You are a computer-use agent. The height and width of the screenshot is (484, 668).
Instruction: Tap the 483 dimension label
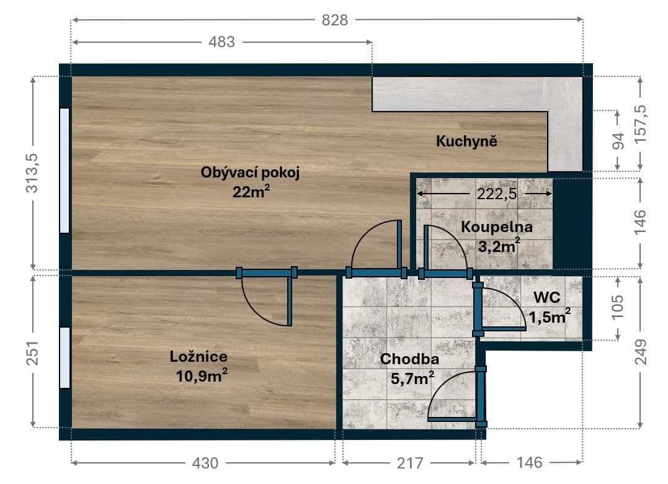point(221,42)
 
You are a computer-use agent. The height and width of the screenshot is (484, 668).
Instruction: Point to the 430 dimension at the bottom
point(205,463)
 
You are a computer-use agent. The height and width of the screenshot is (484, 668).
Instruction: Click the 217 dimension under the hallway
point(409,463)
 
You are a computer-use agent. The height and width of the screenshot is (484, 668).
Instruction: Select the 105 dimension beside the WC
point(618,307)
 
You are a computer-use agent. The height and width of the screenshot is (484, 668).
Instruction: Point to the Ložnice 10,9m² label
point(198,366)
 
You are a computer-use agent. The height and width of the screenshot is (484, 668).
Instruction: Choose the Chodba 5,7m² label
point(409,368)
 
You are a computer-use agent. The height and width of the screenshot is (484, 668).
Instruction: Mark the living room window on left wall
point(65,171)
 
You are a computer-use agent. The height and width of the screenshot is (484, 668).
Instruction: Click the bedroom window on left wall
point(65,357)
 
